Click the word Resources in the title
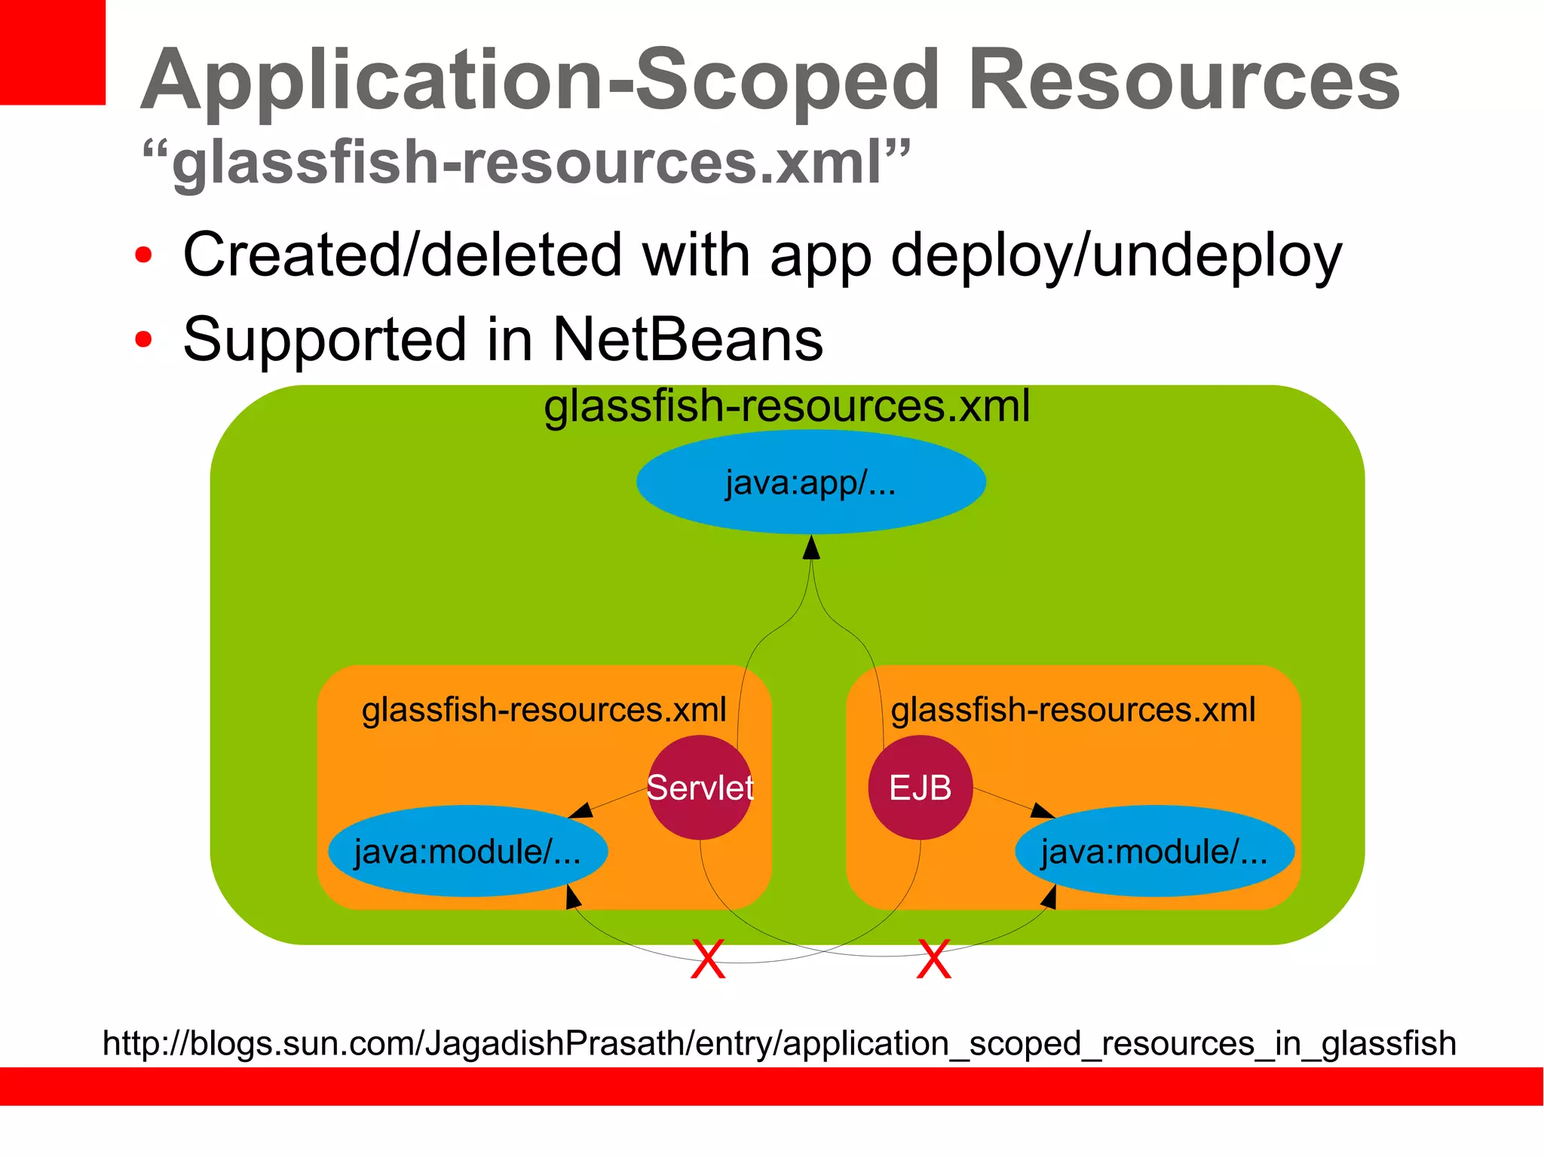point(1184,80)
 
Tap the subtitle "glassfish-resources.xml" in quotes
point(526,161)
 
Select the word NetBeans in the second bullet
point(688,339)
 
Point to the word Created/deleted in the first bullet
point(402,255)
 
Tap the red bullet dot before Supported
point(142,339)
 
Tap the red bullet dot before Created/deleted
point(142,255)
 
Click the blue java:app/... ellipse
point(810,482)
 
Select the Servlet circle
point(700,788)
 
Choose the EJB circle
point(920,788)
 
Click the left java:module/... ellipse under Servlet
point(467,851)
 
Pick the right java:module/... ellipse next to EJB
point(1154,851)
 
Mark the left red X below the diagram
point(708,959)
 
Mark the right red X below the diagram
point(933,959)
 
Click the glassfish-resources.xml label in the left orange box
point(544,710)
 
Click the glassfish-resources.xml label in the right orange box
point(1073,710)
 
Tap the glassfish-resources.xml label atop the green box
point(786,406)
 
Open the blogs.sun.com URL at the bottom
point(779,1043)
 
